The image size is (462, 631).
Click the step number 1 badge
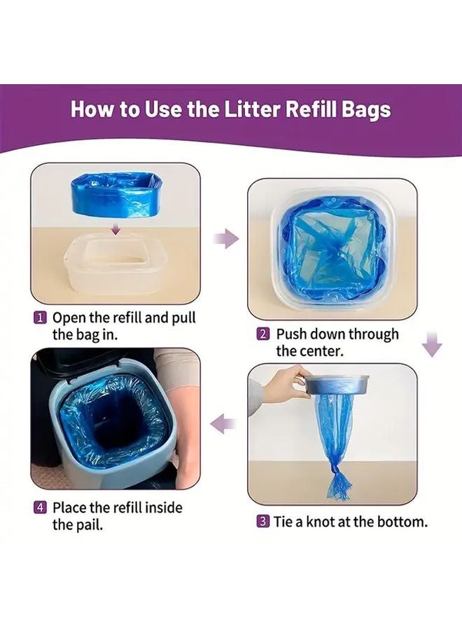coord(39,318)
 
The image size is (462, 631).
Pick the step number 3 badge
coord(262,522)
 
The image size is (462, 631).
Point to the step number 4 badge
coord(39,507)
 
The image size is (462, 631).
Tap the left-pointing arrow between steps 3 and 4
coord(223,424)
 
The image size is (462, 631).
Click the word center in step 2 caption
coord(321,351)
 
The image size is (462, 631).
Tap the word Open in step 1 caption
coord(69,318)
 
